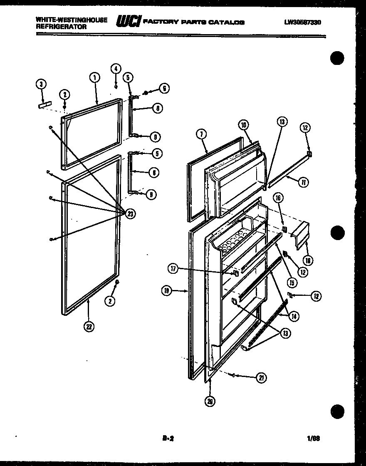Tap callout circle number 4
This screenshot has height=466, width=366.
tap(116, 69)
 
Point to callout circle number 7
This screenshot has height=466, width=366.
tap(201, 134)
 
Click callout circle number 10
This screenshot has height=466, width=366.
tap(243, 124)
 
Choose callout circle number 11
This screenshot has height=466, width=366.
tap(304, 182)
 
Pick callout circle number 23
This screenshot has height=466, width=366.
tap(131, 214)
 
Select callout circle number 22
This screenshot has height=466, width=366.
tap(89, 327)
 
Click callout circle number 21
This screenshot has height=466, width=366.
tap(261, 378)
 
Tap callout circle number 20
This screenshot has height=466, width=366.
tap(210, 401)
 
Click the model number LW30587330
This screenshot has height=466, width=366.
tap(302, 23)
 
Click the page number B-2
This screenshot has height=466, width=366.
tap(167, 438)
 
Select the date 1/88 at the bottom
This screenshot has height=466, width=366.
tap(314, 438)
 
